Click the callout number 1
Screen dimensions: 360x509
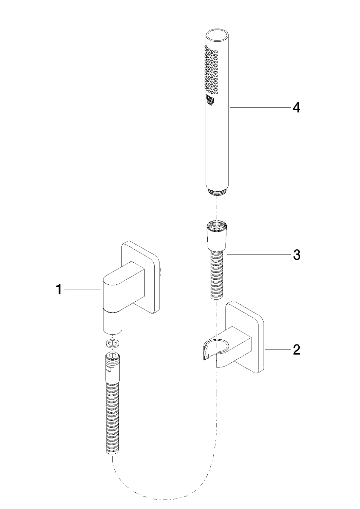click(59, 289)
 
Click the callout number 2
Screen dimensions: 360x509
click(296, 350)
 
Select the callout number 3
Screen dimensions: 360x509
click(297, 255)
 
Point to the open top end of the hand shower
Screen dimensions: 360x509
click(217, 35)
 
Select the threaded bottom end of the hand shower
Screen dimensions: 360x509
click(217, 192)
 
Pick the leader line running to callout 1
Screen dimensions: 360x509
click(83, 289)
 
